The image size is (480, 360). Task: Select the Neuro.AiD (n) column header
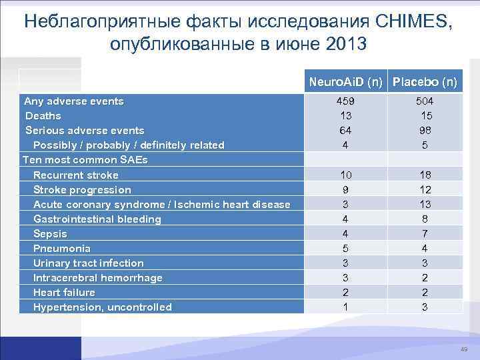click(x=345, y=83)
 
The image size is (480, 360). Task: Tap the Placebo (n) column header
click(x=425, y=83)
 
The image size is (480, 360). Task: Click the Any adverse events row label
click(x=73, y=101)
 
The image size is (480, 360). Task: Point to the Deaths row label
click(x=43, y=116)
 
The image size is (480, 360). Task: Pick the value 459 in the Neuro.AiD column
click(x=345, y=101)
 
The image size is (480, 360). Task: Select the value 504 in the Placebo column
click(x=425, y=101)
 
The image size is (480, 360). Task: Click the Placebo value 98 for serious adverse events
click(x=425, y=131)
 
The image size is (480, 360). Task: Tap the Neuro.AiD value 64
click(x=345, y=131)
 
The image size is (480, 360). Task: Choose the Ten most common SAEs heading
click(x=85, y=160)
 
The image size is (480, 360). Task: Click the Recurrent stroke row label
click(x=76, y=175)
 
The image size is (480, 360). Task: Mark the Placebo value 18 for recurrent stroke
click(x=425, y=175)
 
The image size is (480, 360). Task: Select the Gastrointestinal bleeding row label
click(x=97, y=219)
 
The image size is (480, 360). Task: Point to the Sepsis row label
click(x=50, y=234)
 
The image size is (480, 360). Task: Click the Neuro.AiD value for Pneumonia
click(x=345, y=248)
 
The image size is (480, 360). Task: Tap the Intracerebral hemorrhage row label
click(x=98, y=277)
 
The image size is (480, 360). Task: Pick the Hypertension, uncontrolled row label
click(x=103, y=307)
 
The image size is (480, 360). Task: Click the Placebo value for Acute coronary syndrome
click(x=425, y=204)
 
